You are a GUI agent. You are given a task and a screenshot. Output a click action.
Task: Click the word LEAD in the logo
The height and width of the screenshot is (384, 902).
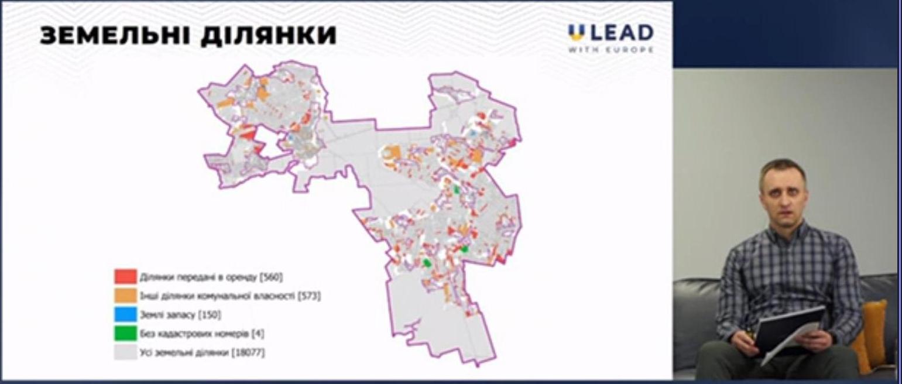(x=620, y=33)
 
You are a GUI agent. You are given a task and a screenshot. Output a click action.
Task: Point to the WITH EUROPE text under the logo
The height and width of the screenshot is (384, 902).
(x=611, y=50)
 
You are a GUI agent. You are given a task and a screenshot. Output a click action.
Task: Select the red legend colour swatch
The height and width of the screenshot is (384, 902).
(x=125, y=276)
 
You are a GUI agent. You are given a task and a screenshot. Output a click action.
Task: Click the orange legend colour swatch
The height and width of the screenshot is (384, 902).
(x=125, y=296)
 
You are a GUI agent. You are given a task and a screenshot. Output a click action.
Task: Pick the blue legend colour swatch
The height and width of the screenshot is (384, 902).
(x=125, y=315)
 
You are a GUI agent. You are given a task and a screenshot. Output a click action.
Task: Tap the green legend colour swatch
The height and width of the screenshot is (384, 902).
(x=125, y=334)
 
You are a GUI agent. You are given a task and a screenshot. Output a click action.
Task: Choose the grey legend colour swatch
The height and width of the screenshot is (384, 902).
(x=125, y=353)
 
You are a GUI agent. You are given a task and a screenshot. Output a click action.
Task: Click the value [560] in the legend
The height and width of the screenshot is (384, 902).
(x=271, y=277)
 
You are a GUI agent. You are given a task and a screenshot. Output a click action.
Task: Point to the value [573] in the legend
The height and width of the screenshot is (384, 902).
(x=309, y=296)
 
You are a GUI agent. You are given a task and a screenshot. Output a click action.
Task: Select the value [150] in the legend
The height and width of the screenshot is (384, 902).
(x=210, y=316)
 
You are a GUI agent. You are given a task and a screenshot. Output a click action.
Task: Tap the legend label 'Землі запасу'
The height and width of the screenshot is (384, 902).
(x=167, y=316)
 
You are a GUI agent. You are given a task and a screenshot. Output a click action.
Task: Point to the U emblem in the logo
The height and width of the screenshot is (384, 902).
(x=576, y=33)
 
